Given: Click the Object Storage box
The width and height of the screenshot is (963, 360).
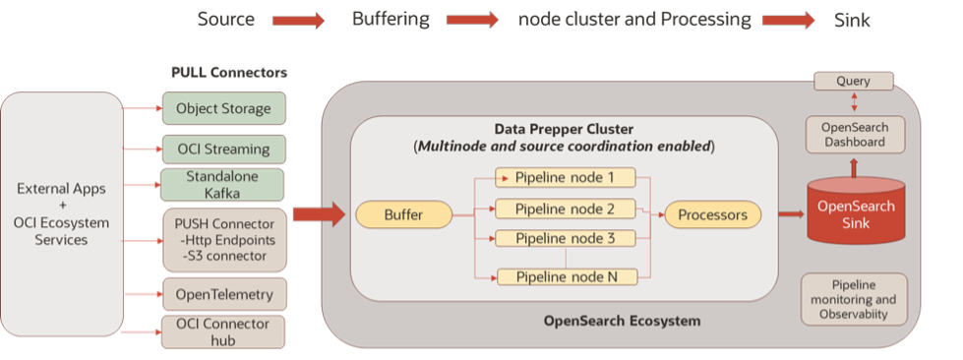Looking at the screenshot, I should tap(223, 108).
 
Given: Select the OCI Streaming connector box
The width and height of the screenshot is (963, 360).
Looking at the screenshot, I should tap(223, 150).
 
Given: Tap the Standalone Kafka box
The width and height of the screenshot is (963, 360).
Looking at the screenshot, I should tap(223, 185).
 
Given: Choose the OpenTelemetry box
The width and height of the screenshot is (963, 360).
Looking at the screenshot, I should tap(223, 293).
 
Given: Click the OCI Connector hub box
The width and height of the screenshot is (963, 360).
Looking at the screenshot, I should tap(223, 330).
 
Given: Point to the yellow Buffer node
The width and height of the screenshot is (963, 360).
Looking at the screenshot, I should tap(403, 213).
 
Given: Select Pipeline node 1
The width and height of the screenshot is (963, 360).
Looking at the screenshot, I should tap(565, 178).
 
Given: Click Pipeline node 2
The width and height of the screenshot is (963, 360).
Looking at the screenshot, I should tap(565, 209).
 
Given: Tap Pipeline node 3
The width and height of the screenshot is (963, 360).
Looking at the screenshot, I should tap(565, 238).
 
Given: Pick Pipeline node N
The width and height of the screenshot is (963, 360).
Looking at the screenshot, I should tap(565, 276).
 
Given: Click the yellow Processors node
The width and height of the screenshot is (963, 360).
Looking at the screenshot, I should tap(713, 213).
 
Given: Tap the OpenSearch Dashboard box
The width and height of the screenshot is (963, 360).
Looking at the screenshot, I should tap(853, 135).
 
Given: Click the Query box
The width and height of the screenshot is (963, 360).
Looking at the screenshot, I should tap(853, 82).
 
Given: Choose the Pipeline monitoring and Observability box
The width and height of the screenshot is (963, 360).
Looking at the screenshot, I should tap(853, 299).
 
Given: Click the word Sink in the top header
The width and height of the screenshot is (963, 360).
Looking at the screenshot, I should tap(852, 20).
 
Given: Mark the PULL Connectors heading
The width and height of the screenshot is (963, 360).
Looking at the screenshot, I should tap(229, 74).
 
